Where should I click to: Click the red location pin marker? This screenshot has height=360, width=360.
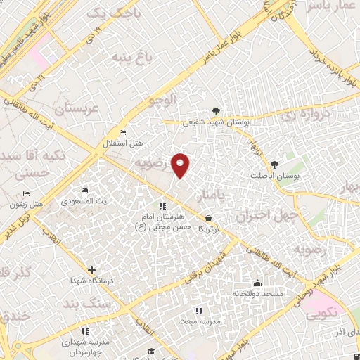click(181, 165)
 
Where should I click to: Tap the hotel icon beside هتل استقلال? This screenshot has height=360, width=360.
click(123, 132)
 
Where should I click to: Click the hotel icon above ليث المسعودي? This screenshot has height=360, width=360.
click(84, 191)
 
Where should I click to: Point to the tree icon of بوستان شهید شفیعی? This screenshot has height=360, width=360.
click(216, 110)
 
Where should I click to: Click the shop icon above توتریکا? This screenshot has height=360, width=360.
click(208, 219)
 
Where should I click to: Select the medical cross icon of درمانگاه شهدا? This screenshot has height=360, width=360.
click(91, 270)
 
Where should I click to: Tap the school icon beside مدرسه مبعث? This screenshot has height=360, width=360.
click(199, 310)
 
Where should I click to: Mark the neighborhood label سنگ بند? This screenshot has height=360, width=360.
click(98, 304)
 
